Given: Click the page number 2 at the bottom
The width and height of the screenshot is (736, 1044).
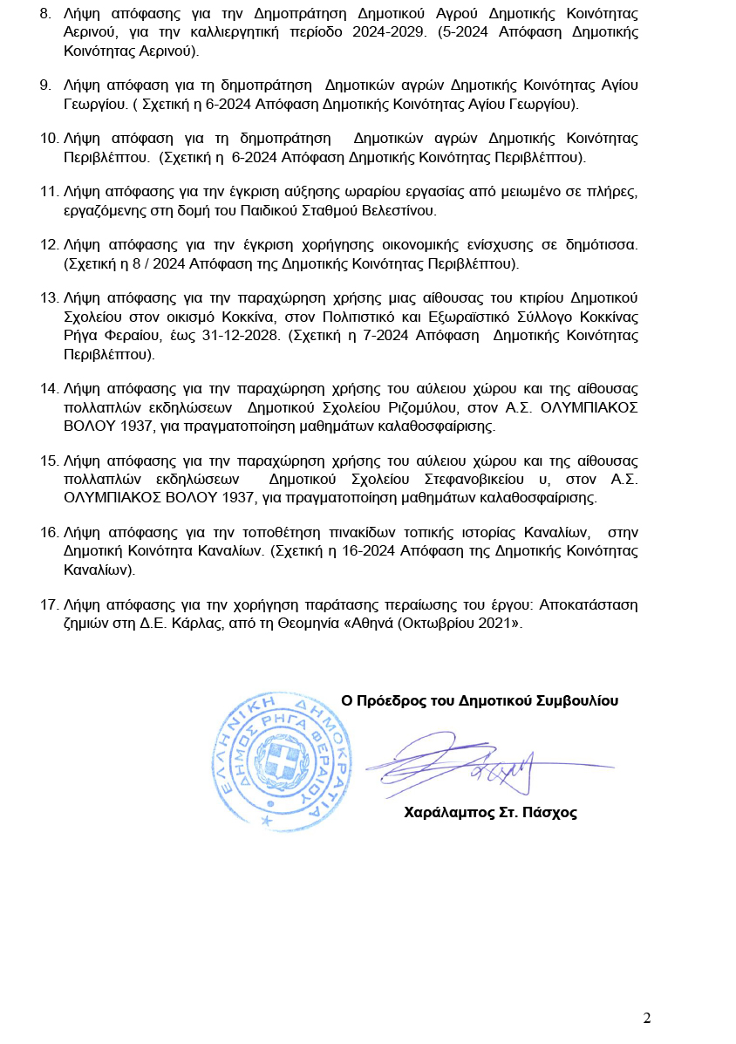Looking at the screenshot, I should [x=646, y=1018].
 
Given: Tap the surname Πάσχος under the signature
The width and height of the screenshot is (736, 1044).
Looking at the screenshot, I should [x=550, y=813].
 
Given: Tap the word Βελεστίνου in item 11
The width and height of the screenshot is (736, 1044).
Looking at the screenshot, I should [x=401, y=210].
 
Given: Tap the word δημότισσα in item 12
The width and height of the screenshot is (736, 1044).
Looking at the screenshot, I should [x=602, y=244].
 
